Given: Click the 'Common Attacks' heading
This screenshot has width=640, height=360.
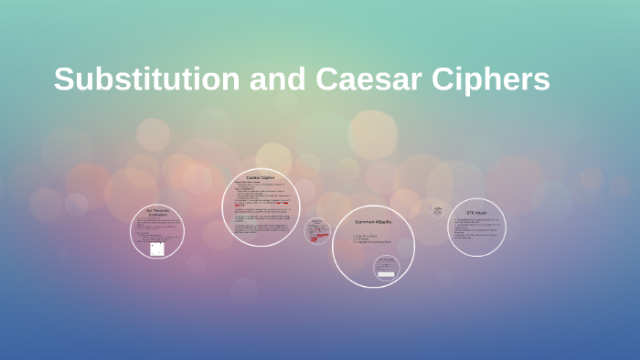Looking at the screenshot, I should [373, 222].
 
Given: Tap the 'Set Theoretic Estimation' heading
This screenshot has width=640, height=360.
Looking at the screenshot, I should [157, 214].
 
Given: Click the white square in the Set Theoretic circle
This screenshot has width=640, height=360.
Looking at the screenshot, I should [157, 249].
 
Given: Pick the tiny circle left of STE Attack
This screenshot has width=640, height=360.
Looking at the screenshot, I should [438, 211].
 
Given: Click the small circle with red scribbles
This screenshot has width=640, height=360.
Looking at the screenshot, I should [318, 230].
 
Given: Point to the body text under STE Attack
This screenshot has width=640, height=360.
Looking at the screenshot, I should [476, 228].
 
